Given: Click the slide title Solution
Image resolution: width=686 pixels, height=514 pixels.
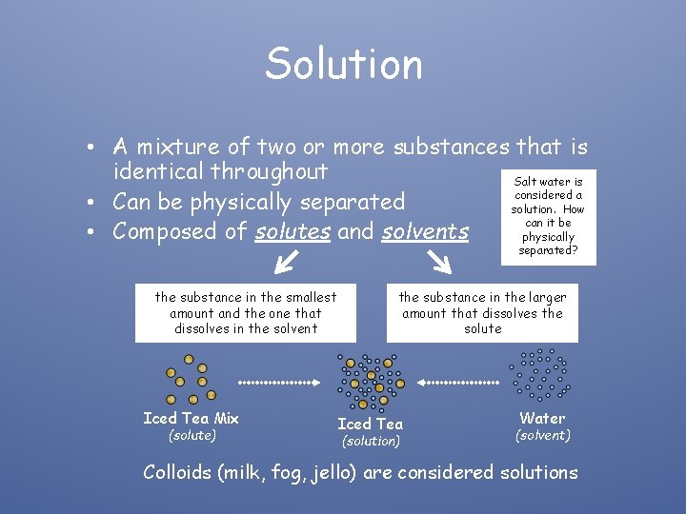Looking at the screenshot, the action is (343, 64).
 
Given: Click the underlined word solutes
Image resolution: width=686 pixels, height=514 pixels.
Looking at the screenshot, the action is (293, 231).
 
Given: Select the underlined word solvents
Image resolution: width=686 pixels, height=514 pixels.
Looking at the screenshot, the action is (426, 231).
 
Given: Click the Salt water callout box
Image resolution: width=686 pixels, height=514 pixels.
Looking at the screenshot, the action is (548, 216).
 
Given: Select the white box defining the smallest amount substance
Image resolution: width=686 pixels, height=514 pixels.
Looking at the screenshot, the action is (246, 313).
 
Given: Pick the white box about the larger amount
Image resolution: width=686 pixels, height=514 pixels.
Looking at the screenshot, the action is (482, 313).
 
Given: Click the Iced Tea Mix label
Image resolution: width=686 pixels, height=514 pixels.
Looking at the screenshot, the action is (191, 418).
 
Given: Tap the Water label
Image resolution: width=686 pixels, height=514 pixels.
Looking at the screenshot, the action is (542, 418).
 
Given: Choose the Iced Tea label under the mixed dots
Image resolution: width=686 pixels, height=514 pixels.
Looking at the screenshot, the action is (370, 424).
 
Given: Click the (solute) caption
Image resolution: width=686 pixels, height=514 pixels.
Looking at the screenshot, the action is (192, 435).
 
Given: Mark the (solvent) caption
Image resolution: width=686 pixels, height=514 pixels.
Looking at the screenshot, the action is (542, 435).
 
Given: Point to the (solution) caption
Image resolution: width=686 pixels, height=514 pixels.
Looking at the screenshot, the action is (371, 441).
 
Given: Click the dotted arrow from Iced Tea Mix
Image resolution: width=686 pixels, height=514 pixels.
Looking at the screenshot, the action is (275, 383).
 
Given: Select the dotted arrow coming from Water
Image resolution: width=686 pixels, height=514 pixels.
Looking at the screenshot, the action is (458, 383).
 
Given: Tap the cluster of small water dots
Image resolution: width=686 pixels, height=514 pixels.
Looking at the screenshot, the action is (539, 372).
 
